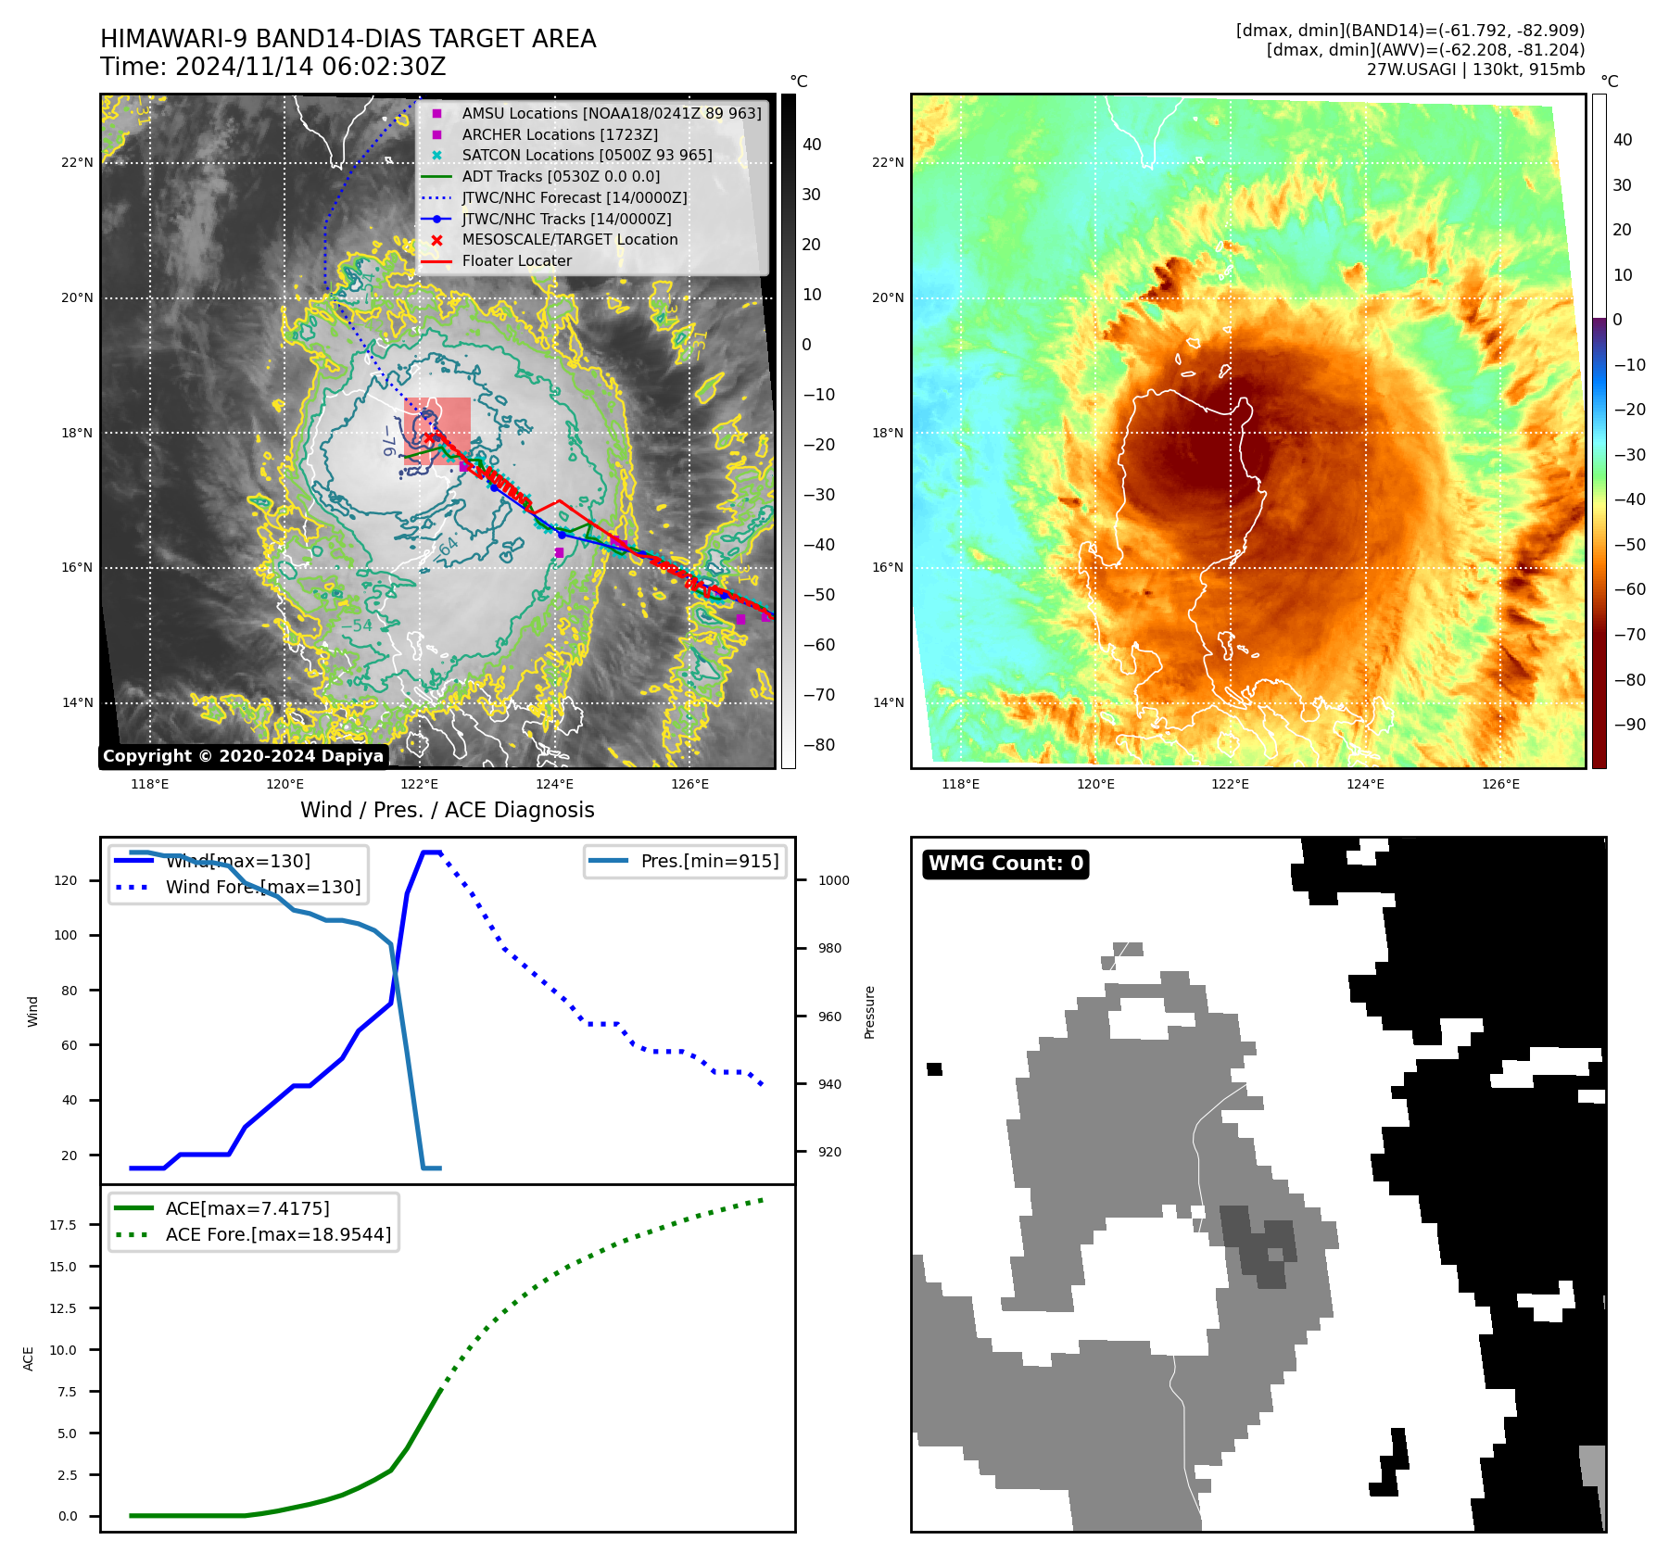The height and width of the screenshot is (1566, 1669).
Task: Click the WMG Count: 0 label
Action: point(1005,864)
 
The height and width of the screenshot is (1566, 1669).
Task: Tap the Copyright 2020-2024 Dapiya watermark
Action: point(243,756)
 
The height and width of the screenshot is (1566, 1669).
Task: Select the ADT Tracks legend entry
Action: point(561,176)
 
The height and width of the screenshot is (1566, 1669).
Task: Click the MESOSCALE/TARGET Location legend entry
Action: point(569,239)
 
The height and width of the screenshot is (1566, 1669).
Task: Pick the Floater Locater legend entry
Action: point(516,260)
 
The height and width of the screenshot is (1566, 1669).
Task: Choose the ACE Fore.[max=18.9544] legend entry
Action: point(278,1234)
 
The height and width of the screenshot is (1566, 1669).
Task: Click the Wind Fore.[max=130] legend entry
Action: point(263,887)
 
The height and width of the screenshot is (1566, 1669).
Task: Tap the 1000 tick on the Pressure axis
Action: point(833,880)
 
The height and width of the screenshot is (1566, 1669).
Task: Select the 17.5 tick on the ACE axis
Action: point(63,1225)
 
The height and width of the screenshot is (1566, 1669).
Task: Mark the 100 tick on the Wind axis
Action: point(66,935)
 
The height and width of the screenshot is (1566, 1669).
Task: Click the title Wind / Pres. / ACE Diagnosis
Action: point(447,810)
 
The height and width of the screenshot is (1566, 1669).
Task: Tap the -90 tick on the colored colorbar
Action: point(1629,725)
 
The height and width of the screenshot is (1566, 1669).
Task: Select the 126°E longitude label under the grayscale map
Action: point(689,784)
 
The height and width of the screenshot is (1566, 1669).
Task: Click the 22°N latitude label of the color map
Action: point(887,163)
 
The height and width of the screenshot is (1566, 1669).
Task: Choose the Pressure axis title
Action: point(869,1012)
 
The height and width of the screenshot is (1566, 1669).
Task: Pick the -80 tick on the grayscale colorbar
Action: point(818,745)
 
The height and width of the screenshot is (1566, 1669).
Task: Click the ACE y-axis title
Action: point(28,1358)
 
